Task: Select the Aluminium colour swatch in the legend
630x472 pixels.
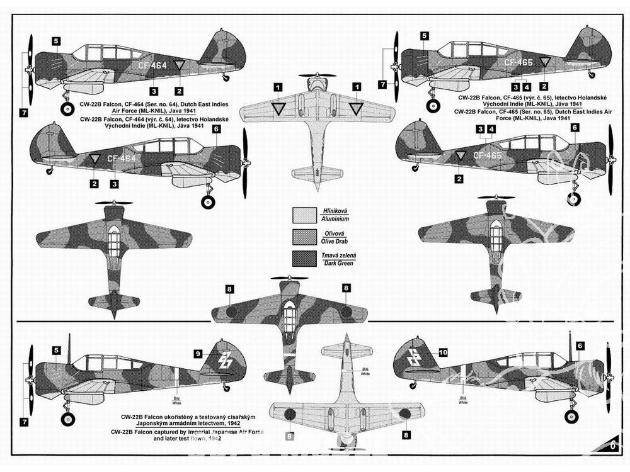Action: coord(306,216)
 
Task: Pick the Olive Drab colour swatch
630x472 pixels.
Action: coord(306,237)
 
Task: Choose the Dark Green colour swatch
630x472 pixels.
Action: coord(306,258)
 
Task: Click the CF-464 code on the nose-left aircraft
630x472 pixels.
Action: coord(152,65)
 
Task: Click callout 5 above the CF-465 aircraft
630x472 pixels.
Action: coord(425,36)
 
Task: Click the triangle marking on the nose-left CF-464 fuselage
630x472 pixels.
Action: coord(180,64)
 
